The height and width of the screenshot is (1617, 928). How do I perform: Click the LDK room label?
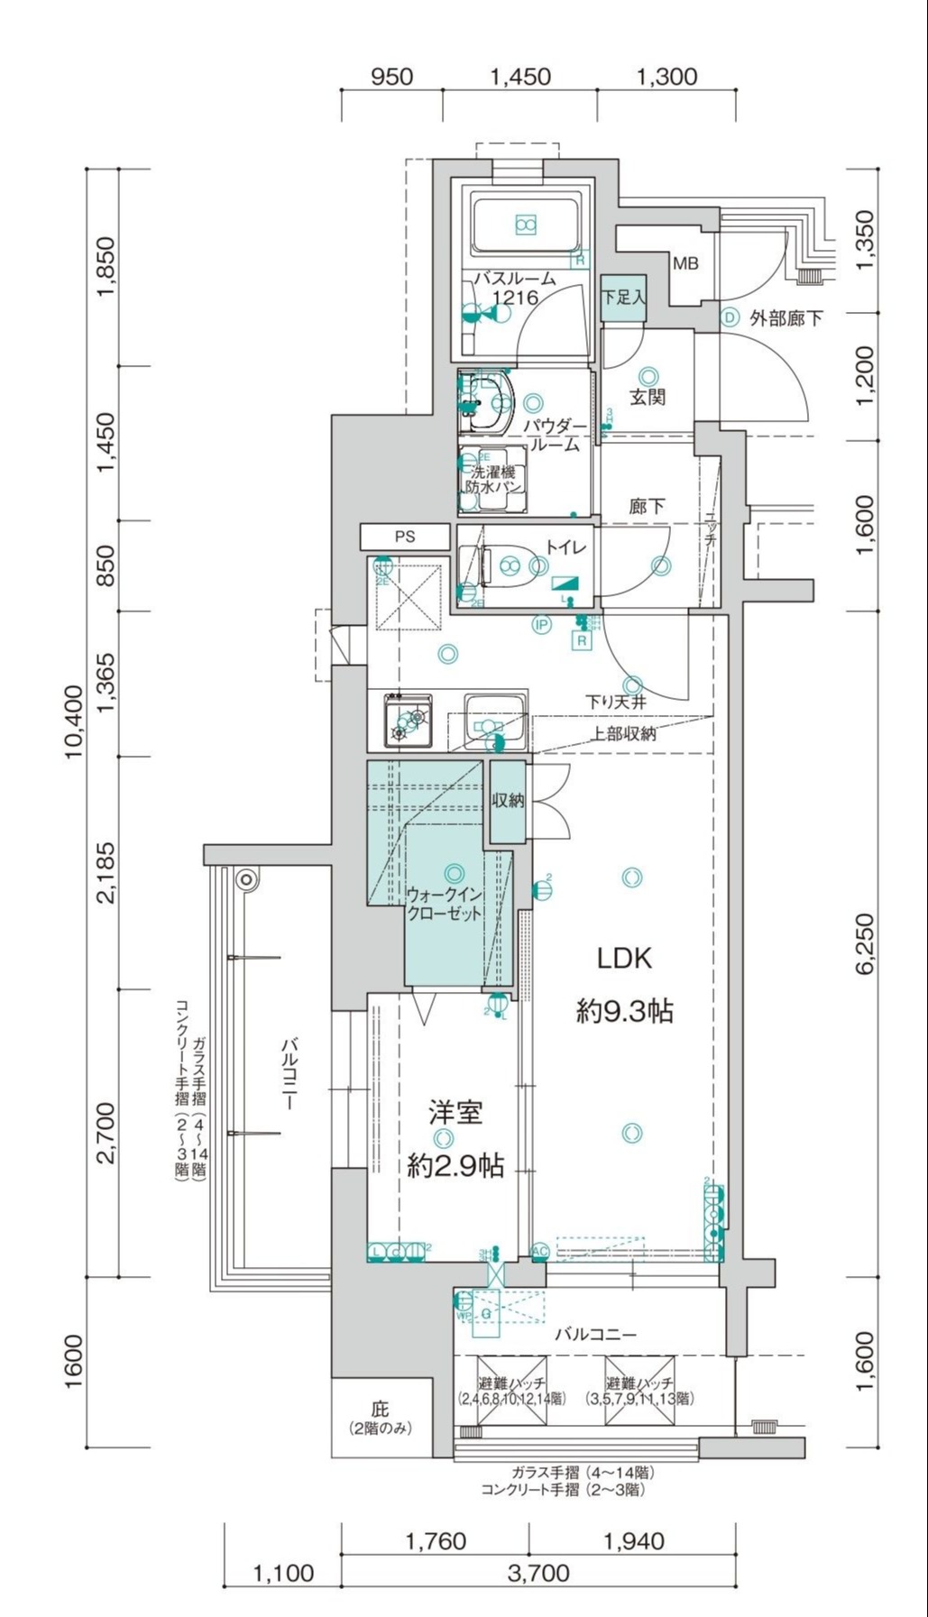[625, 958]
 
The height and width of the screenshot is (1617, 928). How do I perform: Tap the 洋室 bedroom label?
[455, 1113]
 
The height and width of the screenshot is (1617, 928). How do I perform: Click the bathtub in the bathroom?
[526, 225]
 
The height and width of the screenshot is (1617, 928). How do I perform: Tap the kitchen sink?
[495, 721]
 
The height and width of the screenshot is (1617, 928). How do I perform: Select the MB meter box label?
[685, 264]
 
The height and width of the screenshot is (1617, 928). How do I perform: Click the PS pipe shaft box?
[405, 537]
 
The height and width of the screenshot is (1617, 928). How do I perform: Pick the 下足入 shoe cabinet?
[623, 297]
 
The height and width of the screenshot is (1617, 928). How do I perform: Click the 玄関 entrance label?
[648, 396]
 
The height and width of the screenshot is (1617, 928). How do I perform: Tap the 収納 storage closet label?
[508, 800]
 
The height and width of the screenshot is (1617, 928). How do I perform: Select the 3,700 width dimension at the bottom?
[538, 1573]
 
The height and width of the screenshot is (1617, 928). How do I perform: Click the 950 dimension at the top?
[391, 76]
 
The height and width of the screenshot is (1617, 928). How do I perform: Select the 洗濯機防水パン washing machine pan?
[492, 479]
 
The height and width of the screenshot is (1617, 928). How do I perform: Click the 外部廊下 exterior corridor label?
[785, 317]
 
